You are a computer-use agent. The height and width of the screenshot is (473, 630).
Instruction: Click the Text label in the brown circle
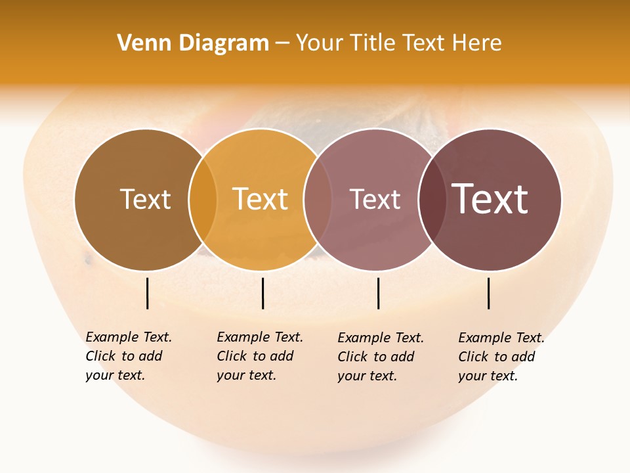(145, 199)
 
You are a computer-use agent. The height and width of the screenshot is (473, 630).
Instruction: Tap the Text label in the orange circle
(261, 199)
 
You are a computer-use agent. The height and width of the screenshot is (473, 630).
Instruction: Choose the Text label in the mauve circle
(375, 199)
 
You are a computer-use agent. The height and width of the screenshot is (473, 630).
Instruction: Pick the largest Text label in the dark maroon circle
(490, 199)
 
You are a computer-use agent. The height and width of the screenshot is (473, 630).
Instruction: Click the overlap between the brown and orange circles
(203, 200)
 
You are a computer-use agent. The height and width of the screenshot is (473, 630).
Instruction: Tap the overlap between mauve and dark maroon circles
(432, 200)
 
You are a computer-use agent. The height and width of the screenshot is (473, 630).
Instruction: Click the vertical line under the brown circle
(148, 293)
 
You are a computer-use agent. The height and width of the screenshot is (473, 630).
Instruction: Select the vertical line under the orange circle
(262, 293)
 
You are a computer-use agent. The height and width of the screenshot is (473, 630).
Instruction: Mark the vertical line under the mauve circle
(379, 293)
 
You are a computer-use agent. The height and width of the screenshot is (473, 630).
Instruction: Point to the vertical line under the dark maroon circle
(489, 293)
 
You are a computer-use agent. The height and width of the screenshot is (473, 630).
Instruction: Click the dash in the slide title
(282, 44)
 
